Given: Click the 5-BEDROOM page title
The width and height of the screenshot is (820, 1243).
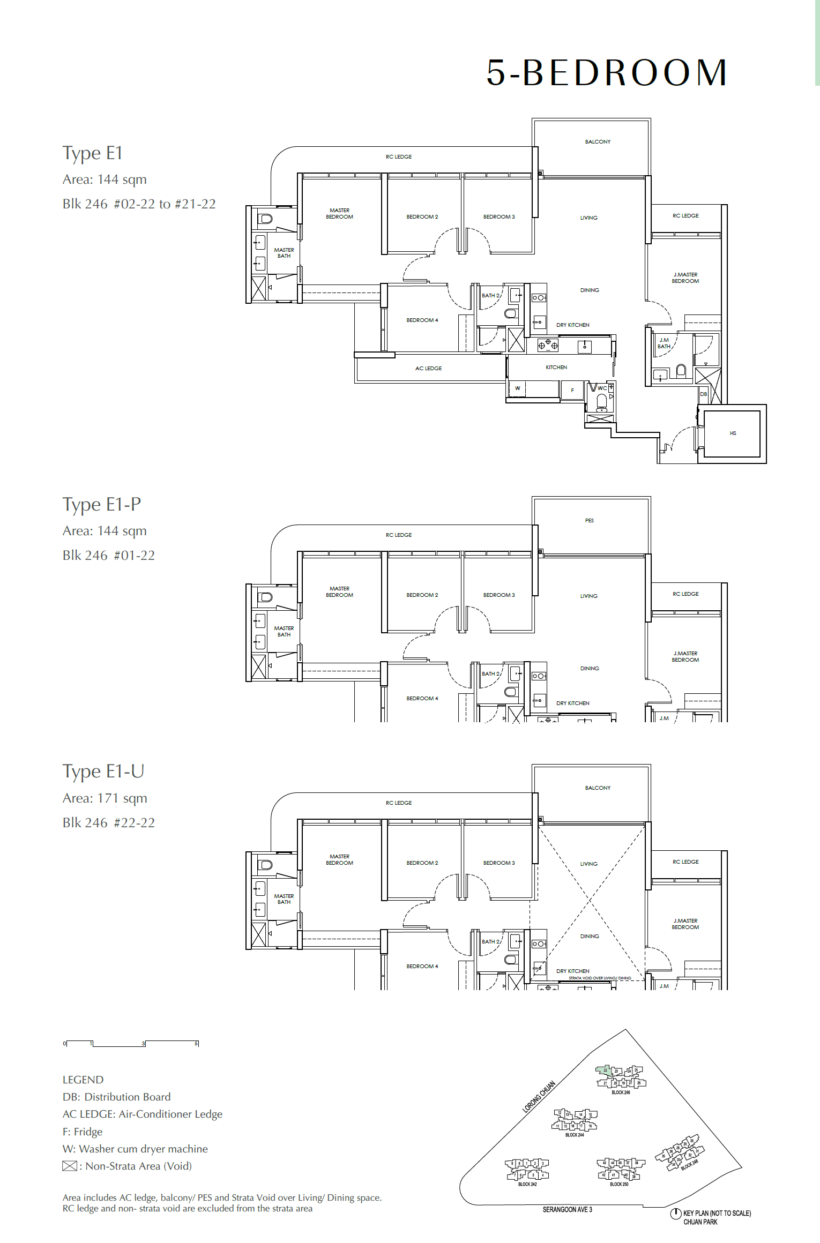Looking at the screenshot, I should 606,73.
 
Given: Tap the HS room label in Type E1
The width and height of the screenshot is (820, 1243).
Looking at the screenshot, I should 733,433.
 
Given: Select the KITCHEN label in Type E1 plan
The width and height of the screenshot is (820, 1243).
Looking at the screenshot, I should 556,368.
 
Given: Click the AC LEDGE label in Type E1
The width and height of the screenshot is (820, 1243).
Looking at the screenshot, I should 428,369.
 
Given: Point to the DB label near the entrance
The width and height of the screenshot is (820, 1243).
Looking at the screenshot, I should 703,394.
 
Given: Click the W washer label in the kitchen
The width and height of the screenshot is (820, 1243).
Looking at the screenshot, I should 517,388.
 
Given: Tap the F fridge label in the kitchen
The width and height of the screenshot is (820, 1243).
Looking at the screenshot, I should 572,390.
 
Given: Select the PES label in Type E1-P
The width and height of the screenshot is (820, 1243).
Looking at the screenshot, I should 589,521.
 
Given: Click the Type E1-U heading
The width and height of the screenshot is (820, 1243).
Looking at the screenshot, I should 103,771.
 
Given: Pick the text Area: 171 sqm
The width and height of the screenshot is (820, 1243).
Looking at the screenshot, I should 105,798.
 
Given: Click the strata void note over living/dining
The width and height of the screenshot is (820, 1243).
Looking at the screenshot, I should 600,978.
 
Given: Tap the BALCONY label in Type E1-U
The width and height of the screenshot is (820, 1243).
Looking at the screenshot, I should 598,788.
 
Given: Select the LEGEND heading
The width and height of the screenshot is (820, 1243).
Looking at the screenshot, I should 83,1080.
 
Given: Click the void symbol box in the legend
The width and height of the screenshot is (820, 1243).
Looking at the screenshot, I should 70,1166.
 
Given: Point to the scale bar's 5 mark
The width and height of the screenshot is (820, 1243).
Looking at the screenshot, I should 197,1044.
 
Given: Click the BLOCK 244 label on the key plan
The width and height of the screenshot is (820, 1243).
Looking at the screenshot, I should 574,1135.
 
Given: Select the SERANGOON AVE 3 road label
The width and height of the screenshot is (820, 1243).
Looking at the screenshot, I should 567,1210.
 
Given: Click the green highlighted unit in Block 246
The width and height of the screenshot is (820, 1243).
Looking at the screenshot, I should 604,1070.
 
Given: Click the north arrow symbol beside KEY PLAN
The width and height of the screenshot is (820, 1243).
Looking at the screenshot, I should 675,1214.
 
